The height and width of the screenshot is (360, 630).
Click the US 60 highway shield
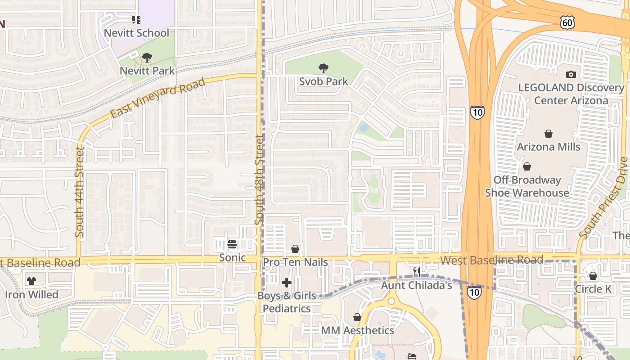click(567, 22)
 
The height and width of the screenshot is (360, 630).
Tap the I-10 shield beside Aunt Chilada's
click(473, 292)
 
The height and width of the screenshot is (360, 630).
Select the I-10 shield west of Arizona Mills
click(477, 112)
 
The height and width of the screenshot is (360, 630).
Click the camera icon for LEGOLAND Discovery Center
click(571, 74)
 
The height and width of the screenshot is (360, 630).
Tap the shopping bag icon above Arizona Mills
click(549, 134)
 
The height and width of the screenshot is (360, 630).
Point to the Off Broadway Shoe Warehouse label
click(527, 186)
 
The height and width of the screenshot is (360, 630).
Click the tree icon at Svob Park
click(323, 68)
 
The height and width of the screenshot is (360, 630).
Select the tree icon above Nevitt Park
click(147, 58)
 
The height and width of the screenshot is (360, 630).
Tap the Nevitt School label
click(136, 33)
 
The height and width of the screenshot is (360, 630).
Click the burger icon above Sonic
click(232, 244)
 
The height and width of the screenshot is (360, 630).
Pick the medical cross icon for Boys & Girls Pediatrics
click(287, 283)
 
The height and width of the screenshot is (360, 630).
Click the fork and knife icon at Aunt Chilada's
click(417, 272)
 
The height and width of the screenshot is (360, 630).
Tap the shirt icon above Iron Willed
click(31, 281)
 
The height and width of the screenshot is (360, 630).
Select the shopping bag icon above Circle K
click(593, 276)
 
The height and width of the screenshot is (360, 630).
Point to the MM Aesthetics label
click(357, 330)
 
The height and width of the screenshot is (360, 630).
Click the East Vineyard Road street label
click(157, 98)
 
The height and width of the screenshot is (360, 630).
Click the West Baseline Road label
click(491, 260)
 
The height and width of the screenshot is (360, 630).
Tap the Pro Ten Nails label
click(295, 262)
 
